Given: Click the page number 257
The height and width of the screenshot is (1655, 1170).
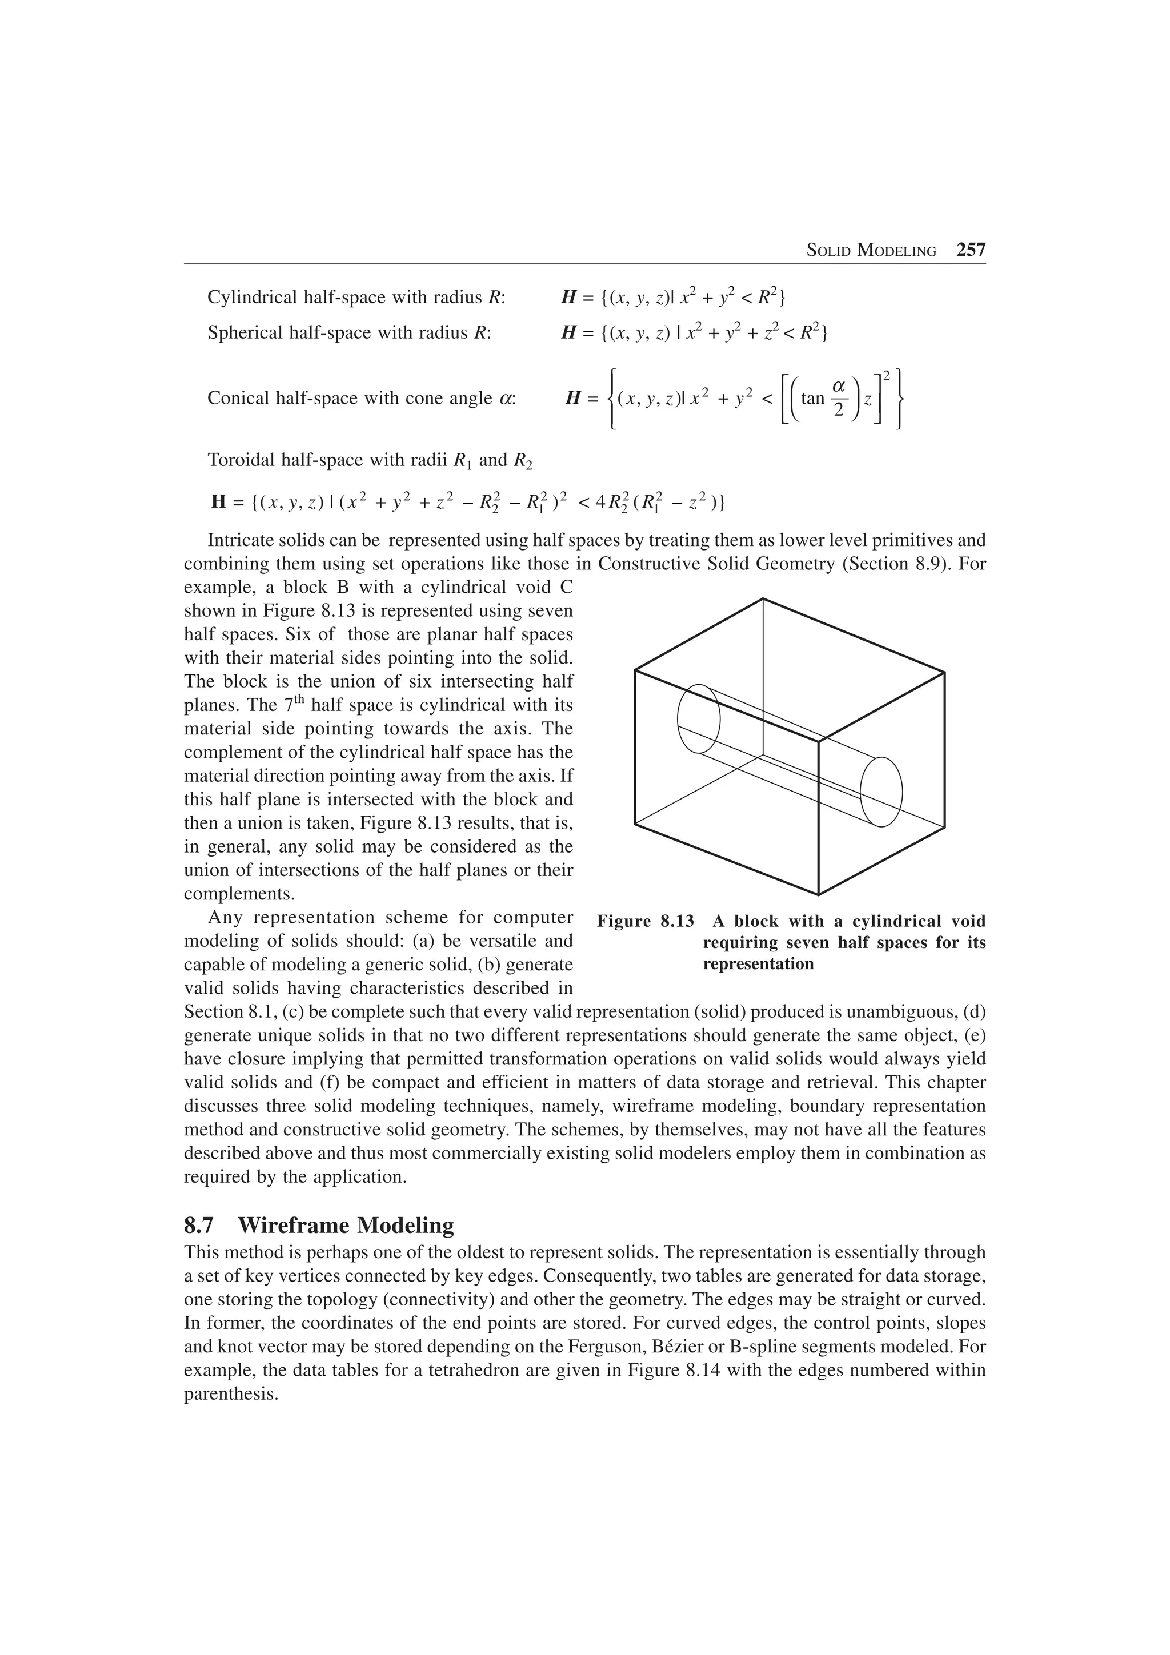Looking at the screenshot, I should (970, 250).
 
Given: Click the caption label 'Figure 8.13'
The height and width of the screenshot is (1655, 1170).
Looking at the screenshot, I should (645, 921).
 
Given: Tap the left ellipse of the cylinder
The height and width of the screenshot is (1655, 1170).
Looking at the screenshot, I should (699, 718).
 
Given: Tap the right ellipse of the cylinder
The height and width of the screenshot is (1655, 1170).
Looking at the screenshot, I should (881, 791).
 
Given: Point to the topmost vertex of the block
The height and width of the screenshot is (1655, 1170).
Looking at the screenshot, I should (763, 598).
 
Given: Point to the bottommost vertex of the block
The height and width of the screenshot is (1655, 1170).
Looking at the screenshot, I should (818, 894).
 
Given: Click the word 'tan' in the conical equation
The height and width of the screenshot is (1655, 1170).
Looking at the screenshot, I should (812, 399).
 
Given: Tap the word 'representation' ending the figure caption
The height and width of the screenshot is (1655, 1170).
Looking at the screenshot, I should (758, 964).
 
